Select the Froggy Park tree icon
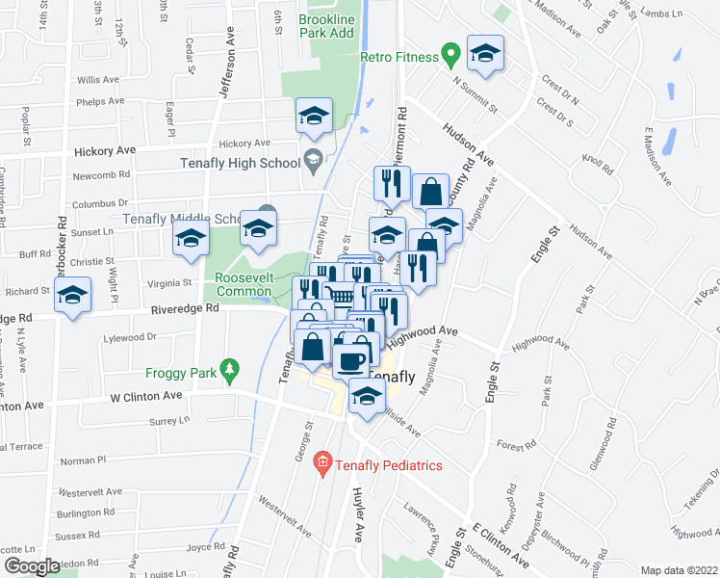229,369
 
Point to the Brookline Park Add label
327,26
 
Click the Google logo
31,566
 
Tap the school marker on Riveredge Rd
72,296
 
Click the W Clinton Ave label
146,396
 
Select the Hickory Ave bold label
105,151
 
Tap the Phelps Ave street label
101,101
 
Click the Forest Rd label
517,446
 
